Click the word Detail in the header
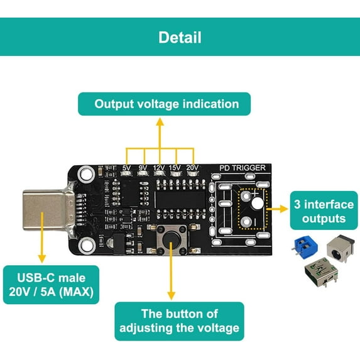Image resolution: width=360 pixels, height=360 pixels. click(x=180, y=37)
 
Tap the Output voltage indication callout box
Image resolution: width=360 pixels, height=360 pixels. click(x=166, y=104)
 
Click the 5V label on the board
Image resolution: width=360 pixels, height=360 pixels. click(x=127, y=168)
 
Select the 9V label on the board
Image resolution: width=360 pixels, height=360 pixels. click(x=143, y=168)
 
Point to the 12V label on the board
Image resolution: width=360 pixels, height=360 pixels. click(x=159, y=168)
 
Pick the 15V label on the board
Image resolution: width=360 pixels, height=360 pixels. click(x=175, y=168)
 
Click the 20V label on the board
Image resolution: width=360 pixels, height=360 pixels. click(x=192, y=168)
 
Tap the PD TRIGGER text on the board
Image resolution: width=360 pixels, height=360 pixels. click(x=242, y=168)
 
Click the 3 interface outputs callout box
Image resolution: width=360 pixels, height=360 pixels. click(x=324, y=212)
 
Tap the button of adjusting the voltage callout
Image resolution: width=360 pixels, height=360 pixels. click(x=179, y=321)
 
